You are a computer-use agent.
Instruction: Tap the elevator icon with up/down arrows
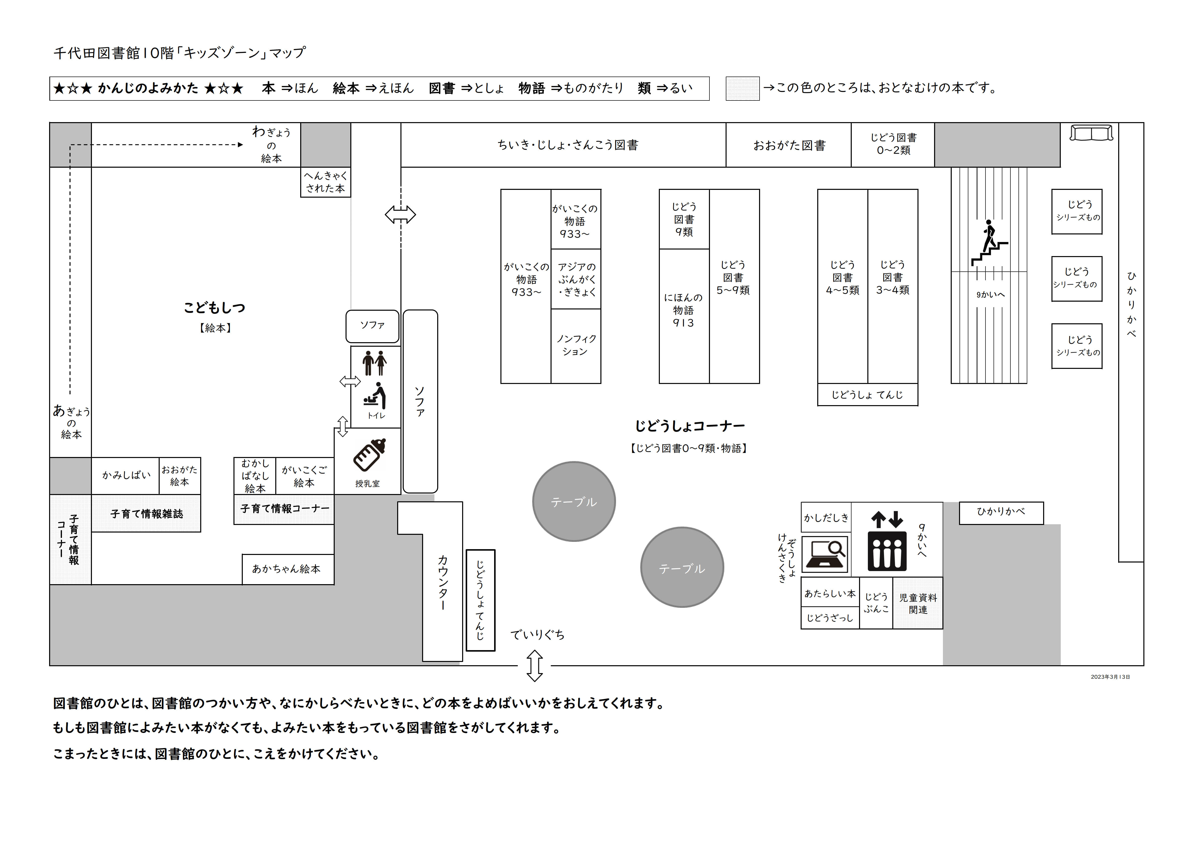pyautogui.click(x=887, y=541)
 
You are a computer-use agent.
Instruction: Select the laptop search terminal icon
pyautogui.click(x=825, y=554)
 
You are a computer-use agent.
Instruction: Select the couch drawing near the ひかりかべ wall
pyautogui.click(x=1091, y=133)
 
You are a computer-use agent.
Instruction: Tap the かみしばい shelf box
pyautogui.click(x=125, y=475)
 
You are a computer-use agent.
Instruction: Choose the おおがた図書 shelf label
pyautogui.click(x=789, y=146)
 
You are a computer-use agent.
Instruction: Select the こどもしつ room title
pyautogui.click(x=214, y=308)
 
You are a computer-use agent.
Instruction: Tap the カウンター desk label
pyautogui.click(x=442, y=582)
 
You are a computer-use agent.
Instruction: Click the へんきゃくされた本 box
pyautogui.click(x=326, y=182)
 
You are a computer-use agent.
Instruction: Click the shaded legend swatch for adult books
pyautogui.click(x=743, y=88)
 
